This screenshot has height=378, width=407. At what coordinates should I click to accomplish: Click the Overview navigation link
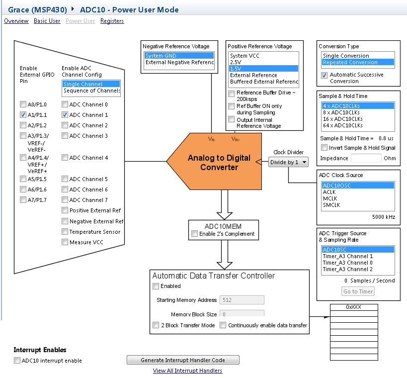[16, 21]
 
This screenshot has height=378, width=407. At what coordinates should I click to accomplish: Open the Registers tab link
[112, 21]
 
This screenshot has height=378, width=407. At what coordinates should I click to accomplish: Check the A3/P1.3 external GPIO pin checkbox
[23, 136]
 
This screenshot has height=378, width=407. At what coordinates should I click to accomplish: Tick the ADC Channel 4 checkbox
[65, 158]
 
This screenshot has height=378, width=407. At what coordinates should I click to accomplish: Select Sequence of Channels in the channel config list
[91, 91]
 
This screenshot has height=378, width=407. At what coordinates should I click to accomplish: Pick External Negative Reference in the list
[179, 63]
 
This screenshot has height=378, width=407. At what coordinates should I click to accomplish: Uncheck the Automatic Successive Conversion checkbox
[325, 75]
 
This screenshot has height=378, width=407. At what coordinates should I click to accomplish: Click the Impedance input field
[366, 158]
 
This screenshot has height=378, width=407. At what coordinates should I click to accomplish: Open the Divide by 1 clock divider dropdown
[289, 162]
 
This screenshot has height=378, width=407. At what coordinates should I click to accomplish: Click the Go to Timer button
[358, 291]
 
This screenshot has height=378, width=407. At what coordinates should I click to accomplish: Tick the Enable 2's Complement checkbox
[195, 234]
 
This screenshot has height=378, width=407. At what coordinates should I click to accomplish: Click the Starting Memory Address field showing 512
[242, 300]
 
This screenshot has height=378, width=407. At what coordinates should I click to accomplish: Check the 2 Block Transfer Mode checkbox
[156, 325]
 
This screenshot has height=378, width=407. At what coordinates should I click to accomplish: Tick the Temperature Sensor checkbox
[65, 232]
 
